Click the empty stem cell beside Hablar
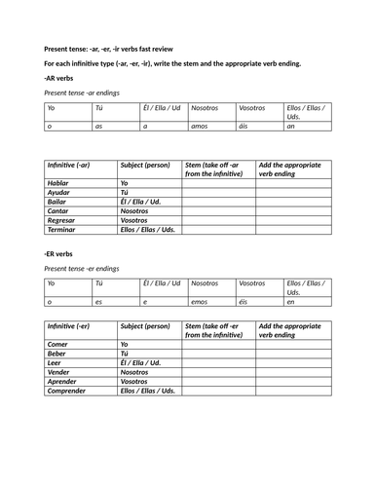(218, 183)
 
